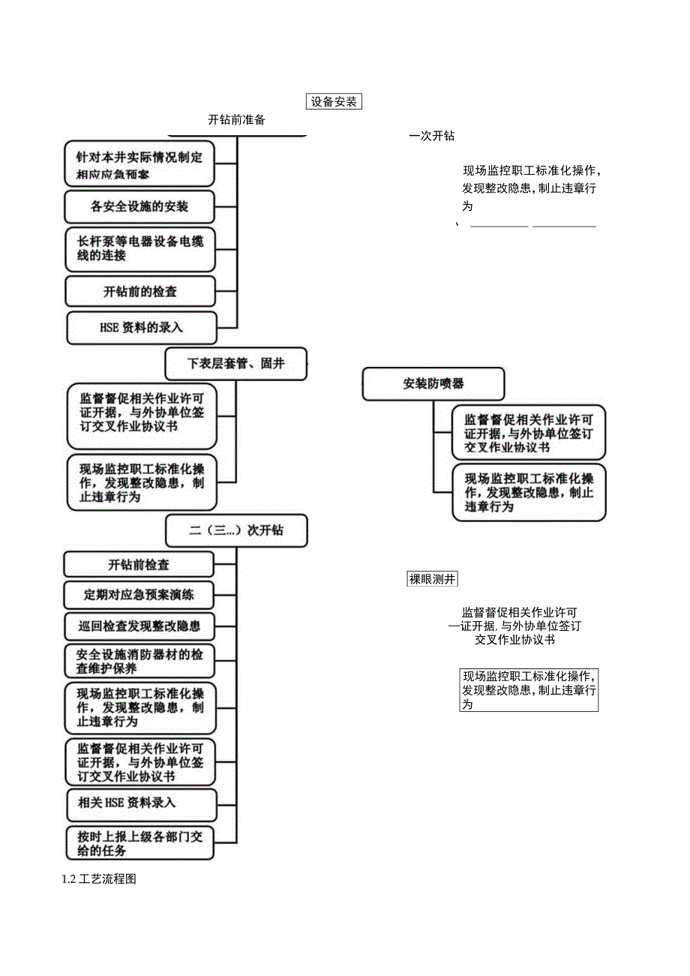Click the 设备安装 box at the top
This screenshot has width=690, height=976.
334,101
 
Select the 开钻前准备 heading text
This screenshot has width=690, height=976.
236,119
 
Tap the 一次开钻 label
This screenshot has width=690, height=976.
432,136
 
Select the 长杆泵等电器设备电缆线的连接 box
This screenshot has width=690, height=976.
140,248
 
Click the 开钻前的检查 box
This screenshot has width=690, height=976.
140,291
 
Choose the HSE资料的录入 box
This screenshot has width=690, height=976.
141,327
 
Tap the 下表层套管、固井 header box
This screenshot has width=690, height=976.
235,364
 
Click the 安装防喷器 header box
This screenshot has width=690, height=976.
433,383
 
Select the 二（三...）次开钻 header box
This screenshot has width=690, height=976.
235,530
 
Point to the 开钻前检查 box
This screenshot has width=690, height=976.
139,564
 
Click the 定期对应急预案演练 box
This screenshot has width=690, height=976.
139,595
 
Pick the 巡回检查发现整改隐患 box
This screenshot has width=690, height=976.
139,625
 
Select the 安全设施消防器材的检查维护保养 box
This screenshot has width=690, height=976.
139,661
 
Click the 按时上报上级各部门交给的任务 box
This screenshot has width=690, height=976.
140,842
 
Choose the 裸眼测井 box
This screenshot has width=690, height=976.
432,579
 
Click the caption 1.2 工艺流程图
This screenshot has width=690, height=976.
99,879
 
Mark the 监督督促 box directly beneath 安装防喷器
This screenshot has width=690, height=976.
528,433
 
